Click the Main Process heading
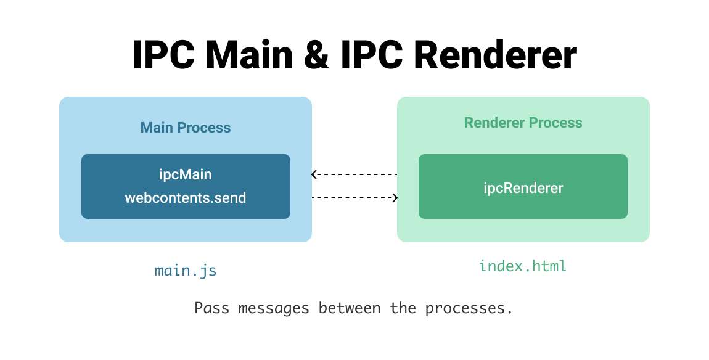coord(186,128)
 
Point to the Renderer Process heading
coord(523,123)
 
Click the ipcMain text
coord(186,175)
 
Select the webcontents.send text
coord(186,198)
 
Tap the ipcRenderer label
coord(523,187)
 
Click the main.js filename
coord(186,271)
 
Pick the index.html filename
coord(523,266)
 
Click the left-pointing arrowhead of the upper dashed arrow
coord(314,174)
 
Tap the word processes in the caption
coord(473,308)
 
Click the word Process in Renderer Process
coord(557,123)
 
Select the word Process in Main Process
coord(206,128)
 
